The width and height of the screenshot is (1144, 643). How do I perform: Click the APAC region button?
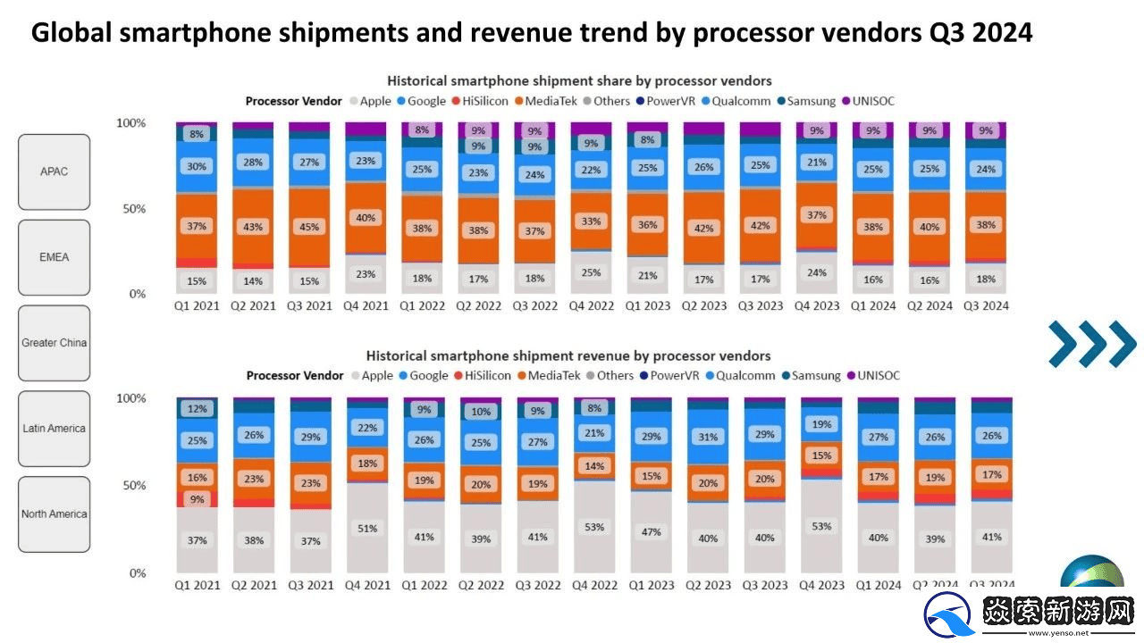54,171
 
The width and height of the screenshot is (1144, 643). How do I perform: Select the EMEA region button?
54,257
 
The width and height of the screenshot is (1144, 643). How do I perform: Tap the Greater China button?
54,343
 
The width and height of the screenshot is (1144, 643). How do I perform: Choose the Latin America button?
54,429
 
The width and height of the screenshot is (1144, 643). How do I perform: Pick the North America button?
54,514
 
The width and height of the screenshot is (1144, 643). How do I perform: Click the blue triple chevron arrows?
1091,344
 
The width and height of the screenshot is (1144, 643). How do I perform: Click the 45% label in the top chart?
309,226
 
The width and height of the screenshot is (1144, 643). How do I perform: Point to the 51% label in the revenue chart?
366,528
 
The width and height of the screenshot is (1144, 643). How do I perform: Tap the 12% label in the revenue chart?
197,409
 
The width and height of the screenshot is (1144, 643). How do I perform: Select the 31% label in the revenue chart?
707,438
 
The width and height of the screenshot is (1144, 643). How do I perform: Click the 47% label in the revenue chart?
651,531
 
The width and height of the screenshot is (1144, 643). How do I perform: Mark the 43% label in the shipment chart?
253,227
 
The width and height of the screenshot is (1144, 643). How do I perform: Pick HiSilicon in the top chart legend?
486,101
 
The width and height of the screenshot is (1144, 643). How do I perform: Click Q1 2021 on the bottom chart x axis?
197,585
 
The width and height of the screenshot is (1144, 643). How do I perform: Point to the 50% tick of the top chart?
132,209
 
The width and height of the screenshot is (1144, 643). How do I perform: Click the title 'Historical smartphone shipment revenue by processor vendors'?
568,355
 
